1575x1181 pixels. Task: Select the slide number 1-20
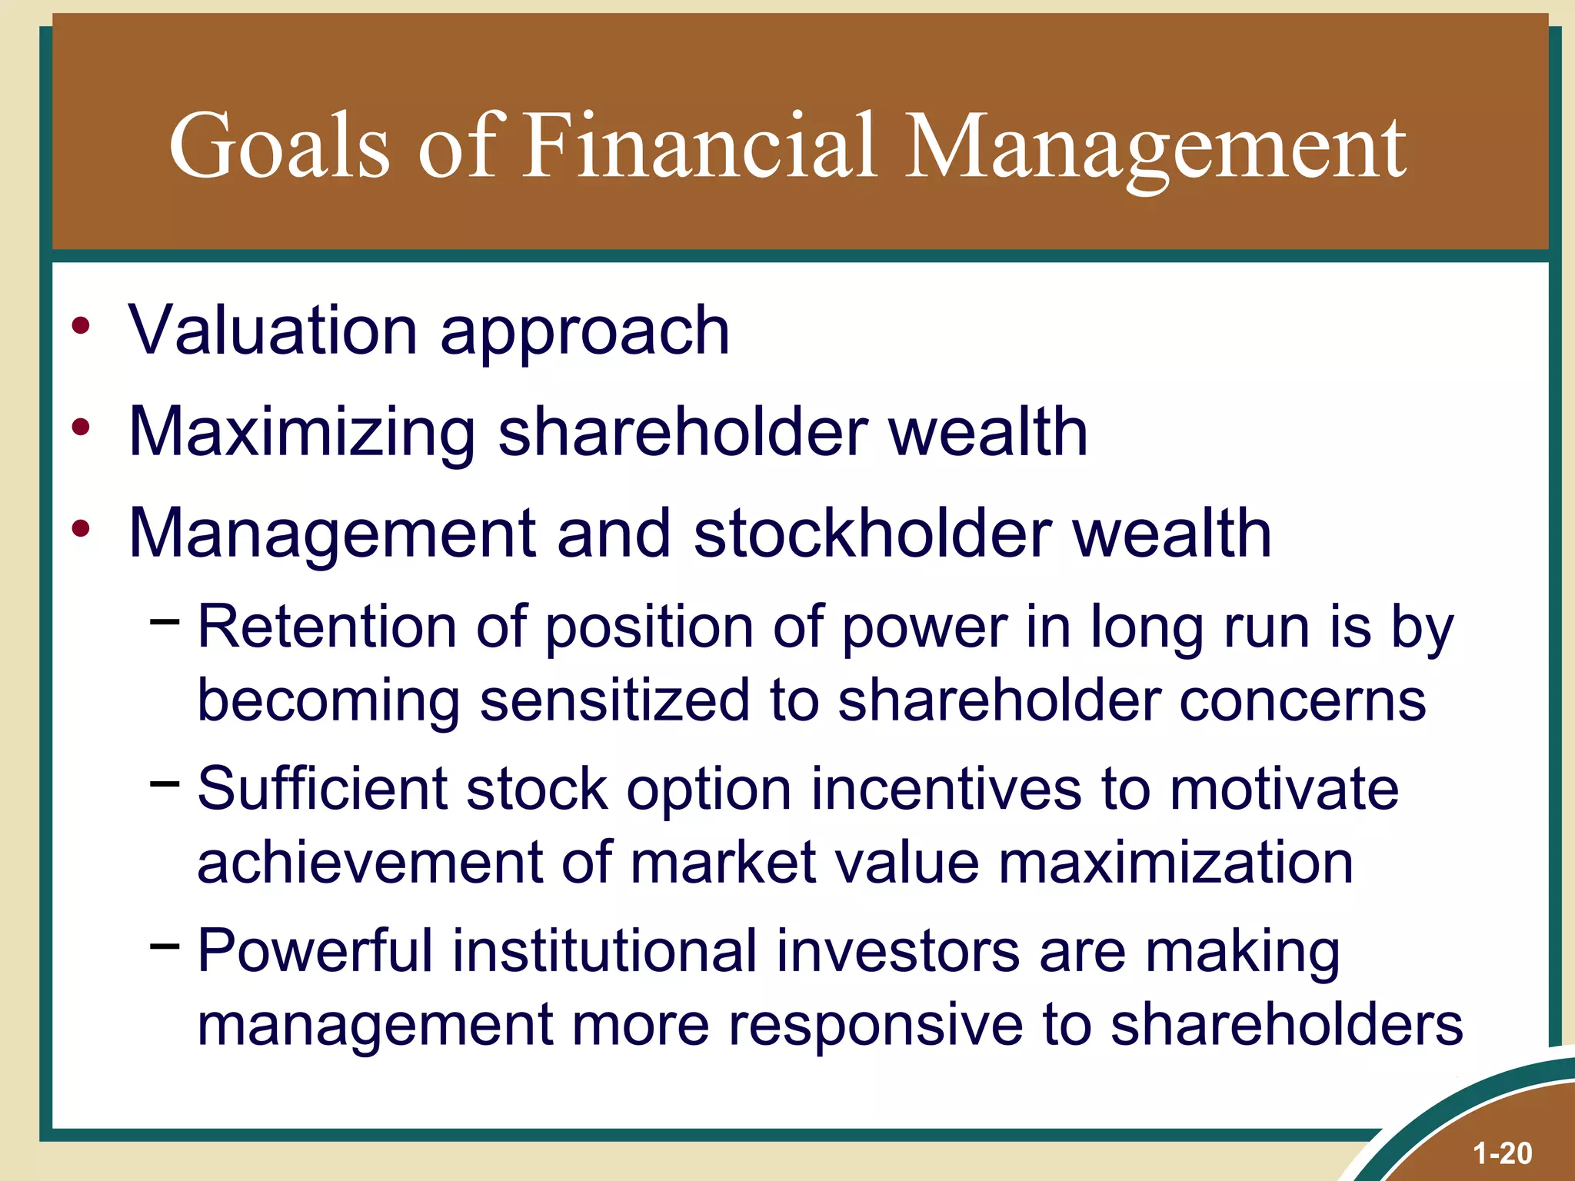(1502, 1153)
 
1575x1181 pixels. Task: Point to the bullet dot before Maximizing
(81, 427)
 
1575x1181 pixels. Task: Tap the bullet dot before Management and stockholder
(81, 528)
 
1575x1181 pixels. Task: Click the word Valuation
(272, 331)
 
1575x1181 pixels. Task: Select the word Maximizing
(301, 432)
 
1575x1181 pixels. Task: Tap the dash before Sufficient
(165, 783)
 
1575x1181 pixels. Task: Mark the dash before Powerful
(165, 944)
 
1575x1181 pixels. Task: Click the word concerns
(1303, 700)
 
